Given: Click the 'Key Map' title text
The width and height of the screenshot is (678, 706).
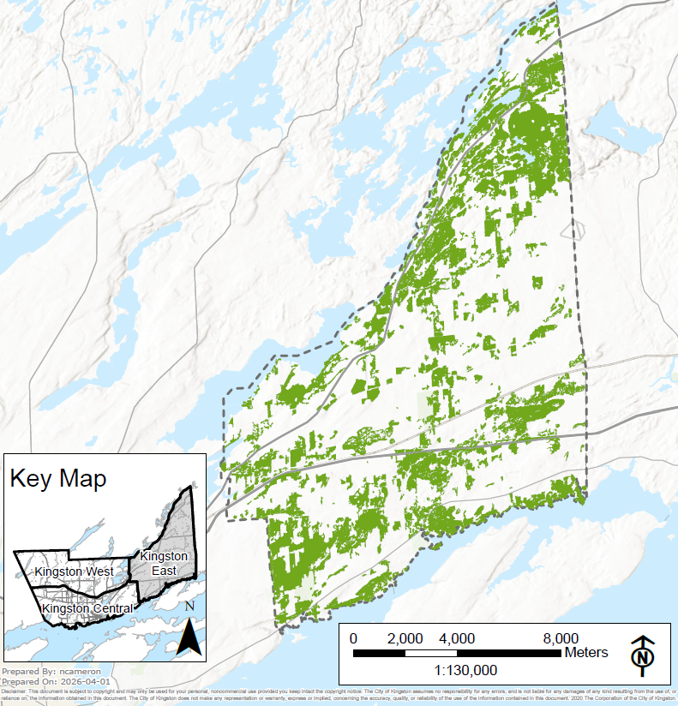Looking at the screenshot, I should (x=58, y=478).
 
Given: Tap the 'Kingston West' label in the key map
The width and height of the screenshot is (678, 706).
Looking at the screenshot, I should (x=75, y=571).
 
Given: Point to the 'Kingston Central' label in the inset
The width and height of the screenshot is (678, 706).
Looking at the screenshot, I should (x=87, y=608).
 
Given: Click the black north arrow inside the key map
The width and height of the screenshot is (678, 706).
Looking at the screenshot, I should (x=189, y=635).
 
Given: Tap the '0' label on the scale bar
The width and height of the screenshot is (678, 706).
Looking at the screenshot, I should (x=354, y=638).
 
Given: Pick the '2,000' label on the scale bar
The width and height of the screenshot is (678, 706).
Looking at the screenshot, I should (x=405, y=638).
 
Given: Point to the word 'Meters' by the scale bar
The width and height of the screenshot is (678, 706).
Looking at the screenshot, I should (x=586, y=653).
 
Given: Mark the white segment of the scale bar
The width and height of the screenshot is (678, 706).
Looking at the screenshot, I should (x=431, y=653).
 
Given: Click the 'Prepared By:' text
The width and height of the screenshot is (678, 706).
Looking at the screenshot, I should (x=30, y=671).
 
